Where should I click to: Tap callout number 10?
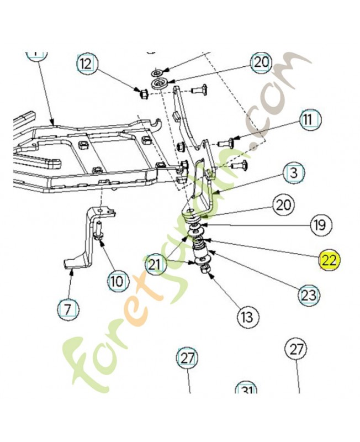point(116,281)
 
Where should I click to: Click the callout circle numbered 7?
point(67,309)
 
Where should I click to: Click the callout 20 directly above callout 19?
point(283,206)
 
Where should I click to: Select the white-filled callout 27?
point(297,349)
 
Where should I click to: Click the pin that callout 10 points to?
point(99,231)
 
